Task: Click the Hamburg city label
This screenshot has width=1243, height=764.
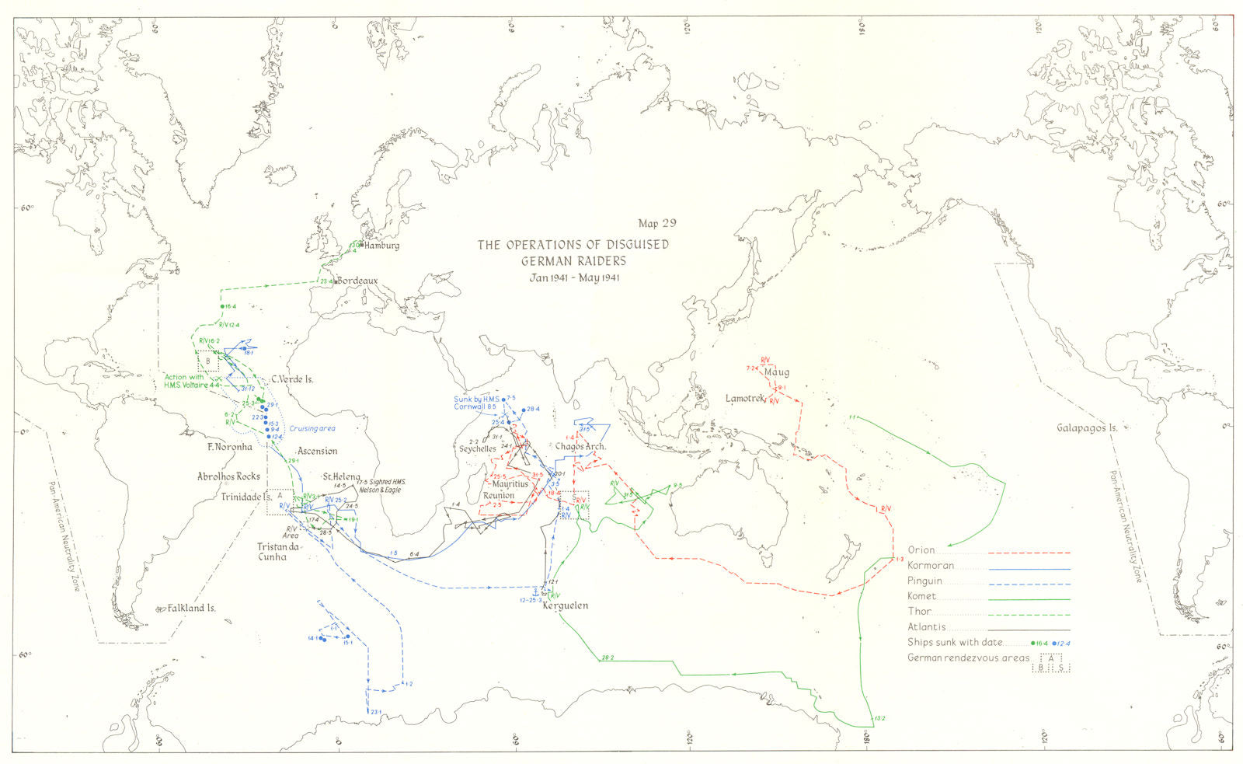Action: tap(381, 246)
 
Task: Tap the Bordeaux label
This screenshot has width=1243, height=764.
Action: tap(357, 281)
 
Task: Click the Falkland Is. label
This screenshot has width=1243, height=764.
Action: tap(191, 609)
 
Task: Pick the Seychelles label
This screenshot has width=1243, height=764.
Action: tap(478, 448)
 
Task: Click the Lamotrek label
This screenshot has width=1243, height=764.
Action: tap(745, 398)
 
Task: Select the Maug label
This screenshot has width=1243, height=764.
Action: tap(776, 372)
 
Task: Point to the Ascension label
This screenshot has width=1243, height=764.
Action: tap(317, 451)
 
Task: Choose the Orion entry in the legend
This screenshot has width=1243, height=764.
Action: tap(921, 550)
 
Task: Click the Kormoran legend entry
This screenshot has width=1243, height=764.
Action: tap(931, 566)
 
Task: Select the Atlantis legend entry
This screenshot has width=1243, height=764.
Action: tap(926, 627)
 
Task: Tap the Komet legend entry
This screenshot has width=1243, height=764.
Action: tap(922, 596)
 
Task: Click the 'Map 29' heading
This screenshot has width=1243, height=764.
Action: tap(656, 223)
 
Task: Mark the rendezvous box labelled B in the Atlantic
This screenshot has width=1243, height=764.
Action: tap(208, 361)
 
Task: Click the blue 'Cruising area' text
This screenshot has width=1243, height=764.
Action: tap(312, 429)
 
